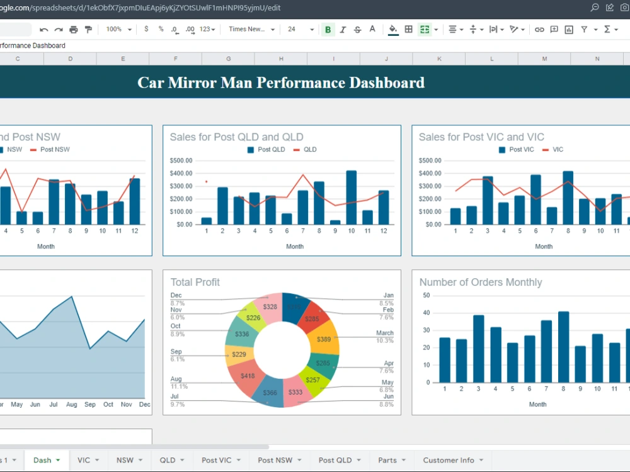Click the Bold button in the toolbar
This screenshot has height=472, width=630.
point(328,30)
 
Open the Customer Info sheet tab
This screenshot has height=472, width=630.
point(449,460)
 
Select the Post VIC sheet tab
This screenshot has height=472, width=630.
point(217,460)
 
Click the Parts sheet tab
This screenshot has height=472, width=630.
point(387,460)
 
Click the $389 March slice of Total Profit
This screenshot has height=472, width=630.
point(324,339)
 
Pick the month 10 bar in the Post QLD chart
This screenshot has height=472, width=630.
point(352,198)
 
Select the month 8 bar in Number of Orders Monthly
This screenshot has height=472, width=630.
point(563,347)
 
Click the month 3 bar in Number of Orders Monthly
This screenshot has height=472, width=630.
point(479,349)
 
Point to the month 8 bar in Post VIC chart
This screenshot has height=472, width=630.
point(568,198)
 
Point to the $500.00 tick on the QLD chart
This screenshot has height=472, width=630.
point(181,160)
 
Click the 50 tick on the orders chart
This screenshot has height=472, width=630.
point(427,295)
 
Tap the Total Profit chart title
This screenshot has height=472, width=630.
point(195,283)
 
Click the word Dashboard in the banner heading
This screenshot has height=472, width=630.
point(387,82)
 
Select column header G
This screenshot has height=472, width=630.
point(228,59)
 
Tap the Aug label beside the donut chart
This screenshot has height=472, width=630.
point(176,379)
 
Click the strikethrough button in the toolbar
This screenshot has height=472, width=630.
point(358,30)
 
